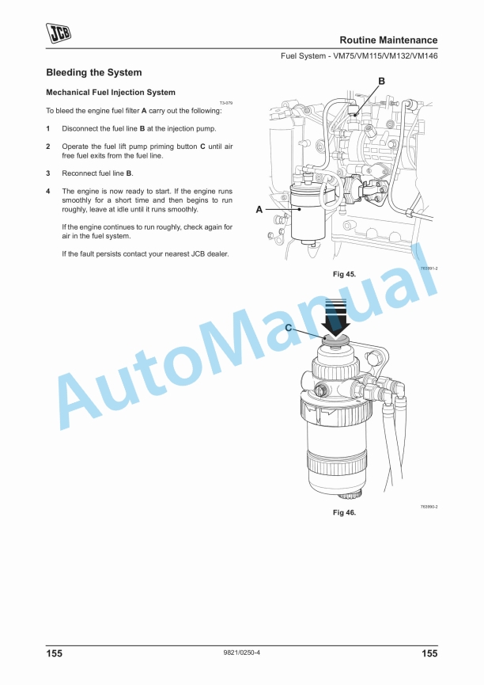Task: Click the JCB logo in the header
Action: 59,33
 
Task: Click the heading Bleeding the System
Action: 94,73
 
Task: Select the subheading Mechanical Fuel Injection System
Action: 111,93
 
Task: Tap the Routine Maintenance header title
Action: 388,40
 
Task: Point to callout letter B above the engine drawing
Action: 381,82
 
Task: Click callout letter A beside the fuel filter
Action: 259,210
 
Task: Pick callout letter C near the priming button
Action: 289,328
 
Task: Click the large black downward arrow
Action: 335,318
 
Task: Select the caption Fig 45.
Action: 344,274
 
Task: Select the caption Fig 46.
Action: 344,512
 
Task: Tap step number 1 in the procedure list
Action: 48,129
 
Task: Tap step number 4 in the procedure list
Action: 48,192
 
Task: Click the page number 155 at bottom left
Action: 55,653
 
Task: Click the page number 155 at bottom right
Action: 429,653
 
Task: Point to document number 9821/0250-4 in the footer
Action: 242,653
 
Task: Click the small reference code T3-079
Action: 226,103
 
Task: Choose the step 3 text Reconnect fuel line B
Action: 98,173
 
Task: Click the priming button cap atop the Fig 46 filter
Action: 335,340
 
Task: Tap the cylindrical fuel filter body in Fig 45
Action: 308,213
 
